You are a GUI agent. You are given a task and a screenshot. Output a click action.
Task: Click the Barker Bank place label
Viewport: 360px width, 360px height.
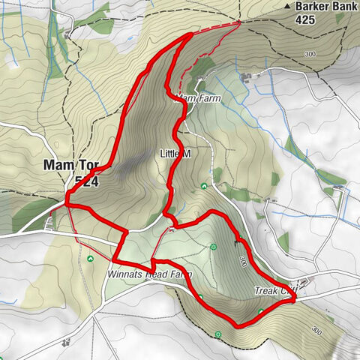pyautogui.click(x=325, y=7)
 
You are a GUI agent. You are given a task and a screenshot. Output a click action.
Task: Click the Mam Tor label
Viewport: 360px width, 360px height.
pyautogui.click(x=72, y=166)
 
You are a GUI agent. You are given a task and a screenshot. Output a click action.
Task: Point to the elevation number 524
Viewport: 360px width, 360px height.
pyautogui.click(x=87, y=181)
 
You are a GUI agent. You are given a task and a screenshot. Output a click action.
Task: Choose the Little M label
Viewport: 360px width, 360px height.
pyautogui.click(x=177, y=153)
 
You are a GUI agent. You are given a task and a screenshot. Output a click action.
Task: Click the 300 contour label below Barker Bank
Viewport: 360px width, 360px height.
pyautogui.click(x=311, y=54)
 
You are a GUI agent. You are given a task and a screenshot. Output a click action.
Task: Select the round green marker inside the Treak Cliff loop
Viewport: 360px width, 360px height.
pyautogui.click(x=214, y=246)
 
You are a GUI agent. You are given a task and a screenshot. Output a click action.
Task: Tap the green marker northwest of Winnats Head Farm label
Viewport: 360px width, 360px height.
pyautogui.click(x=90, y=259)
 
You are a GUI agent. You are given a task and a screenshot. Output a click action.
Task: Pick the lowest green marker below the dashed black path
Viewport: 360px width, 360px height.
pyautogui.click(x=218, y=333)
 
